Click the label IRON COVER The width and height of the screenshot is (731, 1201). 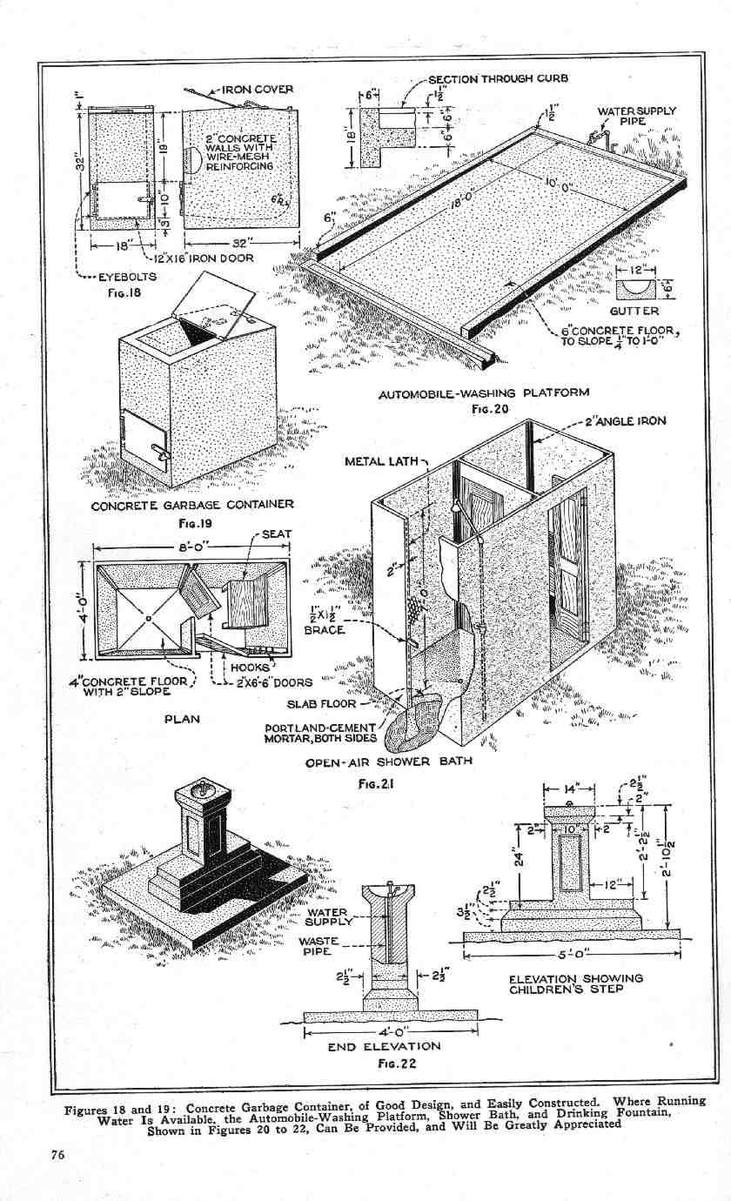[258, 89]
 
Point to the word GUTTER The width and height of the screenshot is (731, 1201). [634, 311]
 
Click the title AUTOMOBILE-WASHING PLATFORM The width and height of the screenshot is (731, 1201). [483, 393]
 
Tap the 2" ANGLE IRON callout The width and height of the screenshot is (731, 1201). [625, 421]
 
